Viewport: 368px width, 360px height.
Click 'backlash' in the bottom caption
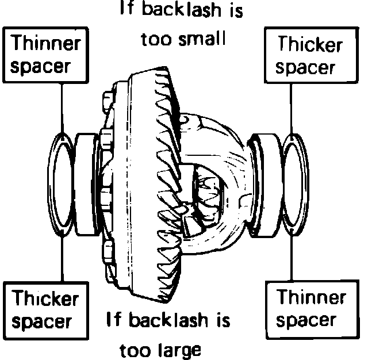[171, 320]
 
